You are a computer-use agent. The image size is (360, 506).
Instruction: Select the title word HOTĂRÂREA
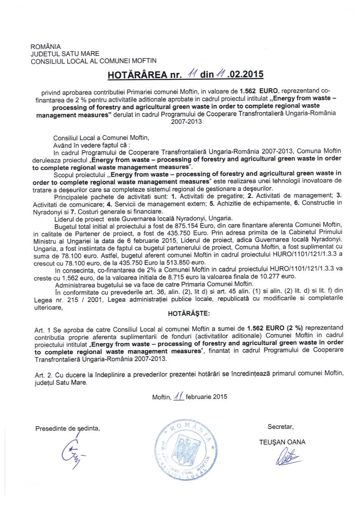pos(137,74)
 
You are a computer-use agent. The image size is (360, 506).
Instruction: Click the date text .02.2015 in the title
pos(244,74)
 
